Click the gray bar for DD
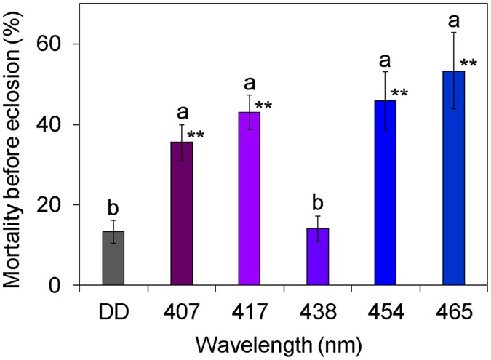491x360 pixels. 113,258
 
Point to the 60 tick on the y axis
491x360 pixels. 60,44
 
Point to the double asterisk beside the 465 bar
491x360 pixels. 468,64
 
